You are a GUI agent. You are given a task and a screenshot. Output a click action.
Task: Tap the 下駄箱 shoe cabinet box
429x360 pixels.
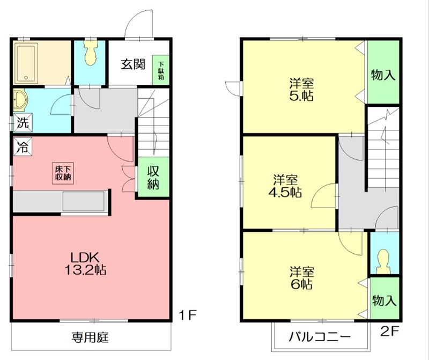[x=160, y=69]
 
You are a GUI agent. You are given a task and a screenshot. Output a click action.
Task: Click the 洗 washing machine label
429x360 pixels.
[x=21, y=122]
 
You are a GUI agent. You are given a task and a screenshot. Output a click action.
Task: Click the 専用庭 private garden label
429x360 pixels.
[x=91, y=337]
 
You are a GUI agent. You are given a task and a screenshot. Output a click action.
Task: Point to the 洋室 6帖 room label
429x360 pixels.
[x=302, y=277]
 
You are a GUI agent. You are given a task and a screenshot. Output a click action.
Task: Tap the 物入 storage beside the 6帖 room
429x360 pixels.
[x=384, y=300]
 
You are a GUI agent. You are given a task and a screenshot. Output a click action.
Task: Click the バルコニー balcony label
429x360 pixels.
[x=320, y=337]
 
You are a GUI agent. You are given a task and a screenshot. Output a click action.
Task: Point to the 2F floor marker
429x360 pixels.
[x=390, y=332]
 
